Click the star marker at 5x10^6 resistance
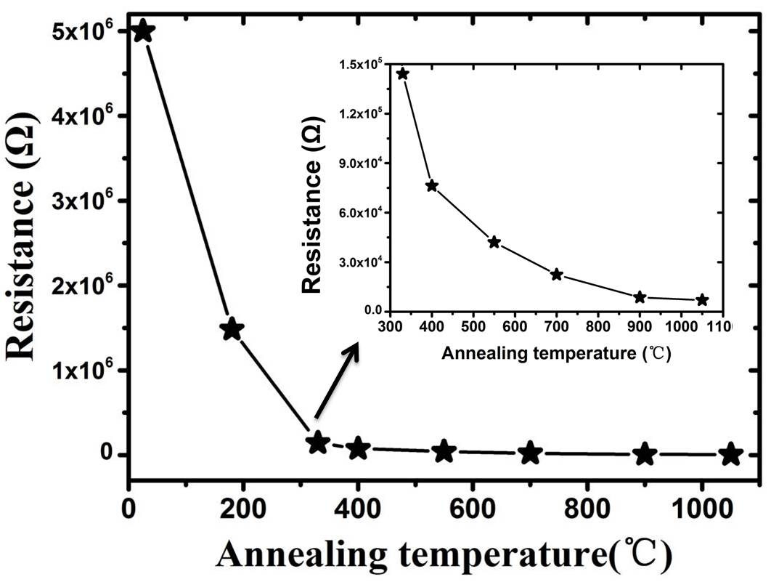[143, 31]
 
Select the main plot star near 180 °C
[232, 328]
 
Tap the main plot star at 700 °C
[531, 453]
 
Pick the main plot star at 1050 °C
[731, 454]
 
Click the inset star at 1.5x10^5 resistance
[403, 73]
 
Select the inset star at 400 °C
[432, 185]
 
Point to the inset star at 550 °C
[494, 242]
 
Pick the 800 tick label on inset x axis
[598, 328]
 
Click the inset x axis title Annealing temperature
[555, 355]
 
